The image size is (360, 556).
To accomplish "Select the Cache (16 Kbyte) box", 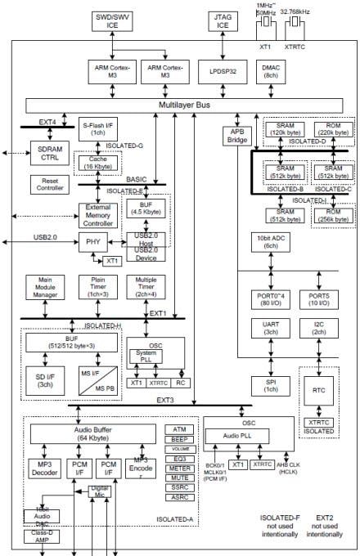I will tap(98, 163).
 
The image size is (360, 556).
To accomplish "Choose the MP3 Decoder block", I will tap(44, 468).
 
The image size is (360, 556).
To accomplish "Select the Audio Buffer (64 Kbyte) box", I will tap(92, 434).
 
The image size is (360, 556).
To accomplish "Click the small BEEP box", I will tap(180, 439).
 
